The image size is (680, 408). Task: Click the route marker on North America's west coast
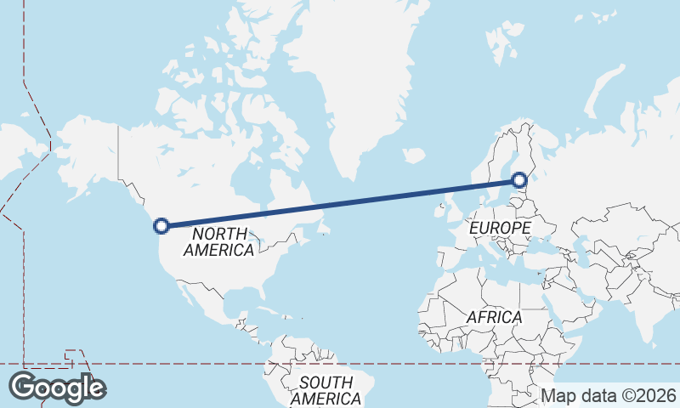point(161,225)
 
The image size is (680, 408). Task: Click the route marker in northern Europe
point(519,180)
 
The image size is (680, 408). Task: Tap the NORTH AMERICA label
point(218,241)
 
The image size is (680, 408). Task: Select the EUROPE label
point(500,228)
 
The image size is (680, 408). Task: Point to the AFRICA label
point(494,317)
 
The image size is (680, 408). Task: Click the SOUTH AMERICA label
point(326,390)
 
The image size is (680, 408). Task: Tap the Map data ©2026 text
point(609,395)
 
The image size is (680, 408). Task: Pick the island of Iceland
point(414,156)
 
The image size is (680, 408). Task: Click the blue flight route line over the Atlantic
point(340,203)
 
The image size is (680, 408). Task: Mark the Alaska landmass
point(85,153)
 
